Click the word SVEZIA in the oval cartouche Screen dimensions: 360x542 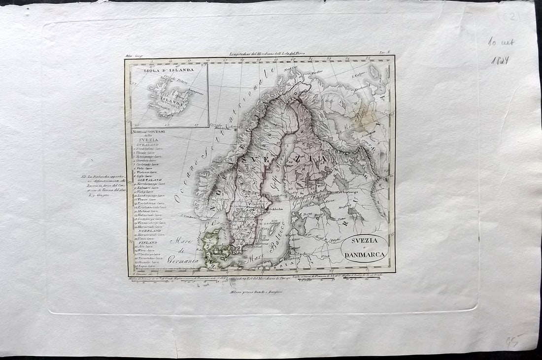(x=365, y=240)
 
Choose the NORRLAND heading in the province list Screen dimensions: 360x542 (x=147, y=231)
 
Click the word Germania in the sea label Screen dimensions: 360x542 (x=182, y=259)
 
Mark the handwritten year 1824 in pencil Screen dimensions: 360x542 (x=499, y=61)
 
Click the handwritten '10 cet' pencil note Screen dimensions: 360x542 (x=501, y=43)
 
